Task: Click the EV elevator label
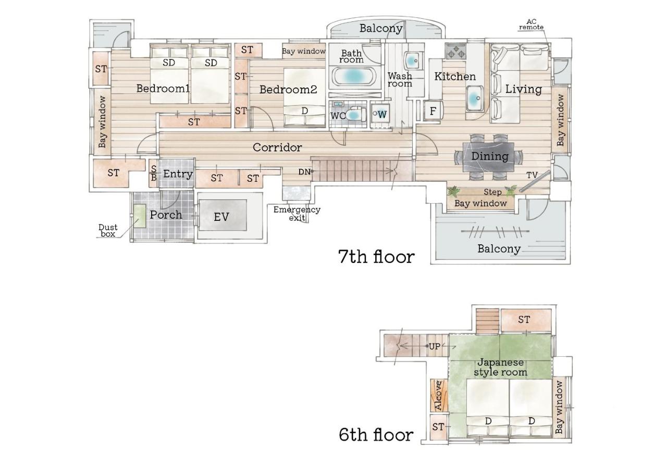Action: pyautogui.click(x=221, y=217)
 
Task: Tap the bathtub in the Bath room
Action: pyautogui.click(x=353, y=77)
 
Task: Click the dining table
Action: pyautogui.click(x=488, y=157)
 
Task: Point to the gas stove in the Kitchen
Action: pyautogui.click(x=456, y=51)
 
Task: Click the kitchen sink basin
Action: pyautogui.click(x=475, y=98)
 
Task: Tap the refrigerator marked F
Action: pyautogui.click(x=433, y=111)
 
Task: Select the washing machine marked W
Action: pyautogui.click(x=380, y=115)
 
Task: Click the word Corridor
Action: pyautogui.click(x=277, y=147)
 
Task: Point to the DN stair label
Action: pyautogui.click(x=304, y=172)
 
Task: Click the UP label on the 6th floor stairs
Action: pyautogui.click(x=435, y=346)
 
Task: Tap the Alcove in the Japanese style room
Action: pyautogui.click(x=439, y=395)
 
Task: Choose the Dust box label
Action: pyautogui.click(x=108, y=231)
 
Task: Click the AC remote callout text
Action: pyautogui.click(x=531, y=24)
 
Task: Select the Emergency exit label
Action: pyautogui.click(x=297, y=214)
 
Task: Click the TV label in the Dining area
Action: pyautogui.click(x=532, y=176)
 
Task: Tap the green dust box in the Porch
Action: pyautogui.click(x=139, y=216)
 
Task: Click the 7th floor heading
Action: pyautogui.click(x=376, y=257)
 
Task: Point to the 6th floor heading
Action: pyautogui.click(x=376, y=435)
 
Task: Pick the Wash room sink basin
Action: pyautogui.click(x=412, y=61)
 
